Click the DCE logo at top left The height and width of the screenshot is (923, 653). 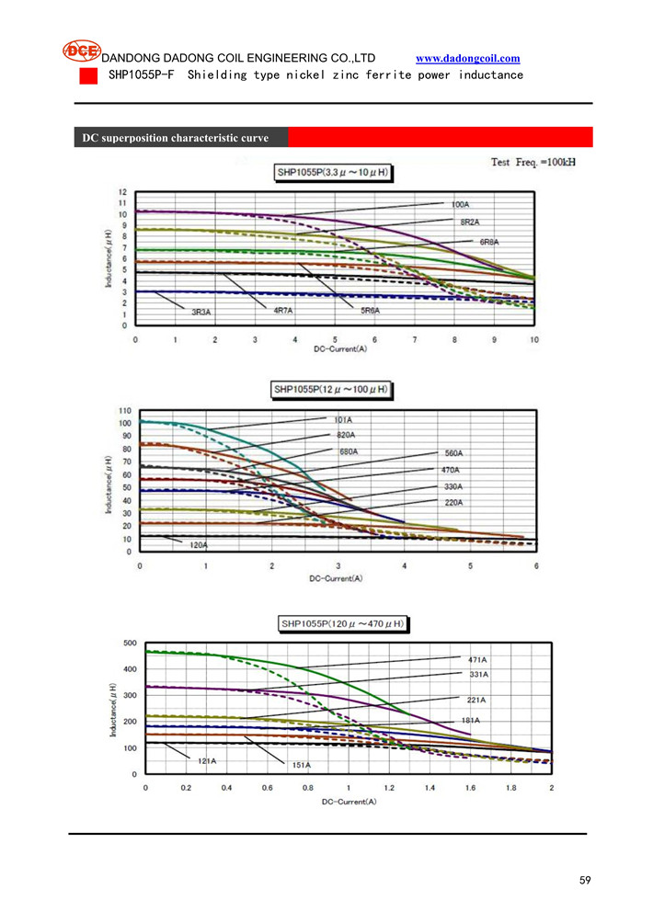click(x=81, y=51)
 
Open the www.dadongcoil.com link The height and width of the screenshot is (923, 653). click(x=467, y=58)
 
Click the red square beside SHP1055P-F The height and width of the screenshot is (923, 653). click(x=87, y=75)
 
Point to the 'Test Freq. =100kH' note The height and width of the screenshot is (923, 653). click(x=533, y=162)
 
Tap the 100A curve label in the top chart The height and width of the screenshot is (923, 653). click(x=459, y=203)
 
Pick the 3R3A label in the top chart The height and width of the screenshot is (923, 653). click(x=200, y=313)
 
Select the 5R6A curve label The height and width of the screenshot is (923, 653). click(x=370, y=311)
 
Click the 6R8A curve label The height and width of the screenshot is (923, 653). click(x=488, y=242)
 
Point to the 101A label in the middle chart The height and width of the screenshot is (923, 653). click(x=344, y=420)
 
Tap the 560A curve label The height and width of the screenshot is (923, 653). click(x=453, y=453)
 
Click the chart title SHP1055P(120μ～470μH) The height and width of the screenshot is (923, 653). click(x=341, y=624)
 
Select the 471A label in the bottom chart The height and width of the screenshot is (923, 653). click(x=477, y=659)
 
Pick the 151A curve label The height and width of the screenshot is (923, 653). click(x=301, y=765)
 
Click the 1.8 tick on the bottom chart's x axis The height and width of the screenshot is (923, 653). click(x=511, y=788)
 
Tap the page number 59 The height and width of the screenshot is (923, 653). click(x=585, y=880)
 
